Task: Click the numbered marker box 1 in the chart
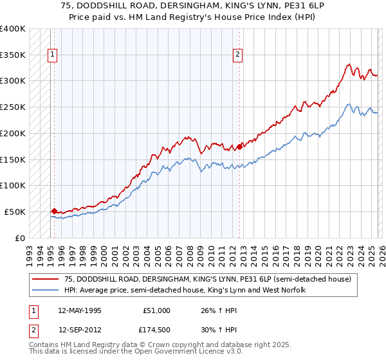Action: (51, 55)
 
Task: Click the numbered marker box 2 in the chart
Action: (237, 55)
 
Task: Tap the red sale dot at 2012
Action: (239, 147)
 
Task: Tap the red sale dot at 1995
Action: (54, 210)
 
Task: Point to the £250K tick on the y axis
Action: (13, 107)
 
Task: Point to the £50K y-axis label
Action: (15, 212)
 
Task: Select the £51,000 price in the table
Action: (157, 310)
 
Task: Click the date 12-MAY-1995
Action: (78, 310)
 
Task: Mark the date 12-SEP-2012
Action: (78, 328)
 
